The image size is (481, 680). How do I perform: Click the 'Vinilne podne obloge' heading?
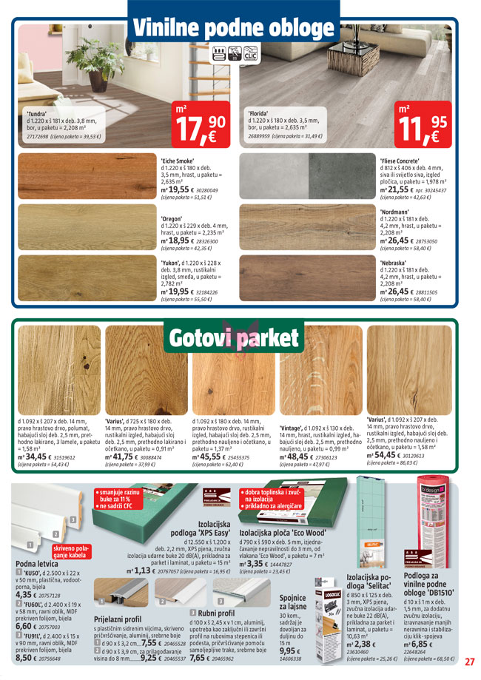232,28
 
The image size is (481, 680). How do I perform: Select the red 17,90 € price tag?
199,124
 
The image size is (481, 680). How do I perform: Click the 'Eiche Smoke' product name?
178,161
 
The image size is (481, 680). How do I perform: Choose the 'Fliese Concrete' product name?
400,161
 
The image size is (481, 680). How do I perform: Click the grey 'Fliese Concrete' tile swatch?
307,178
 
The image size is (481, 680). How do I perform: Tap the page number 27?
469,662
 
